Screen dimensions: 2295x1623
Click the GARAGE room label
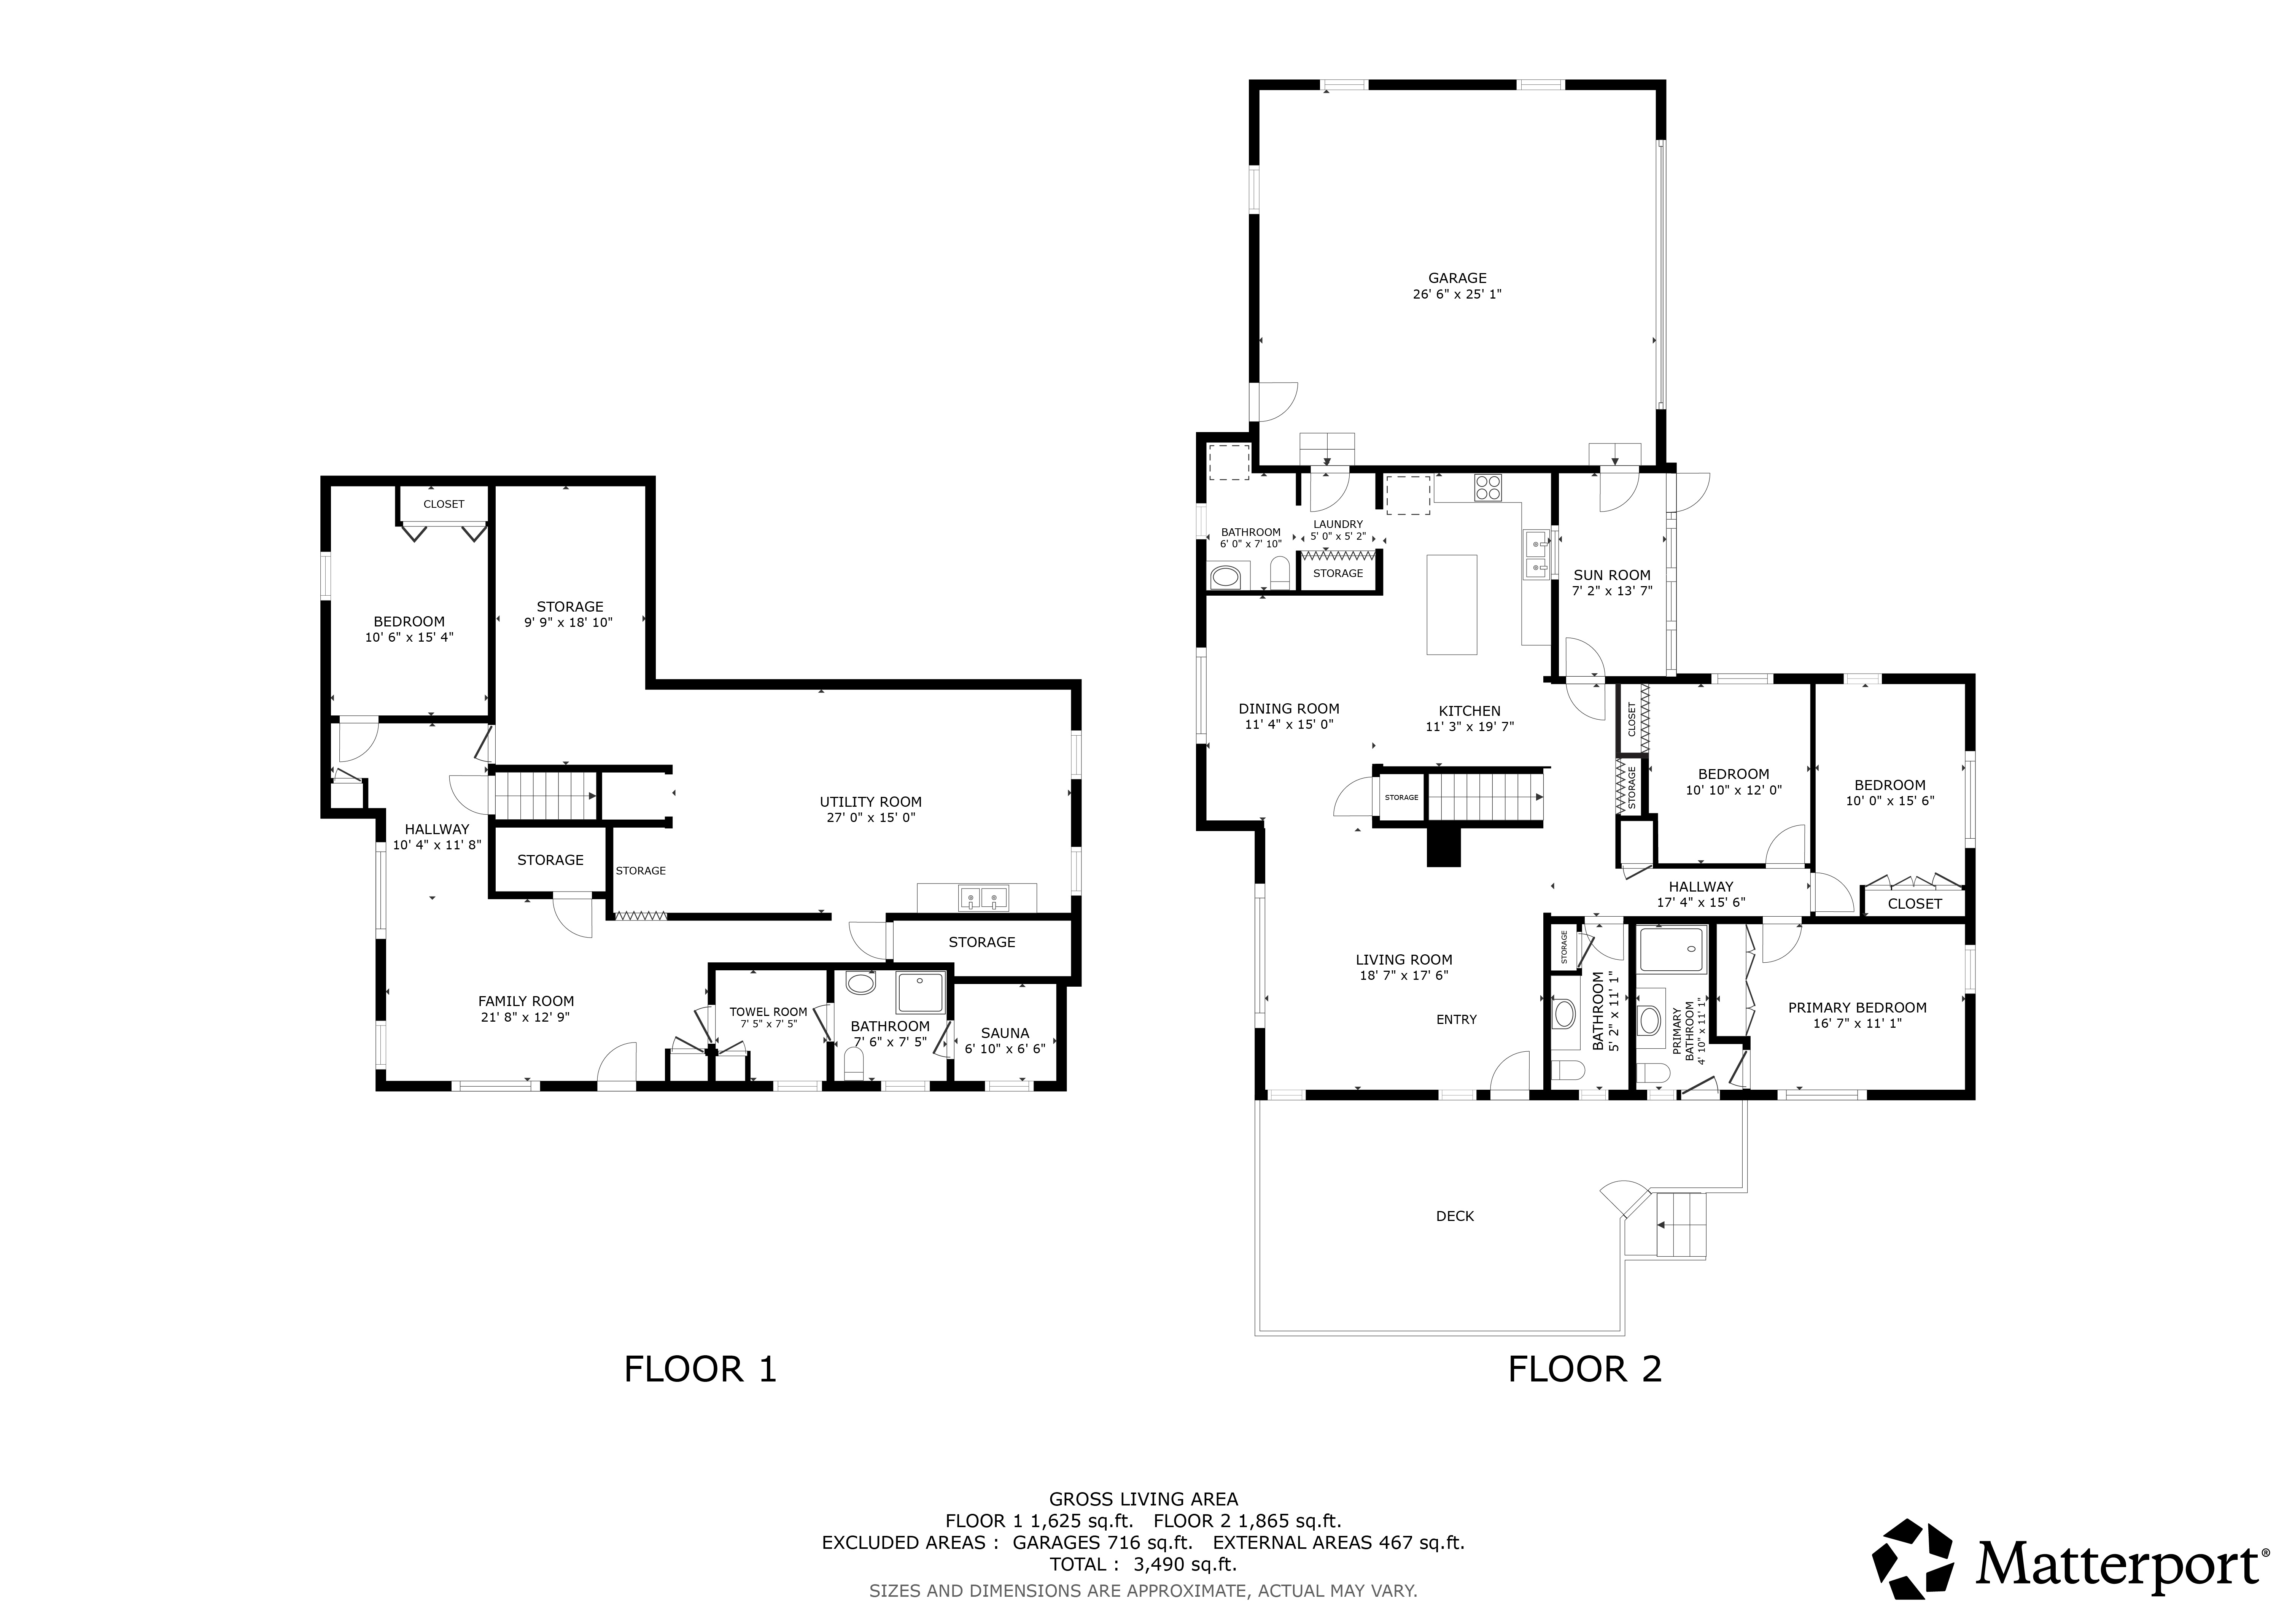pos(1457,278)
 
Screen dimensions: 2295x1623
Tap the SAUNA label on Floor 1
pos(1005,1033)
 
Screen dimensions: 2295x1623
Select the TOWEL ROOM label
pos(768,1011)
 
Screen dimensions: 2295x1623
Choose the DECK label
pos(1455,1216)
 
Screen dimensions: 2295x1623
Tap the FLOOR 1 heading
pos(700,1369)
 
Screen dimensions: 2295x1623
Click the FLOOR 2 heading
pos(1584,1369)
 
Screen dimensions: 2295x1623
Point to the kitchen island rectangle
pos(1451,605)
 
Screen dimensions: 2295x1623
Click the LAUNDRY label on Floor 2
pos(1338,524)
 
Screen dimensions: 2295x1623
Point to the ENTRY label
pos(1456,1019)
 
